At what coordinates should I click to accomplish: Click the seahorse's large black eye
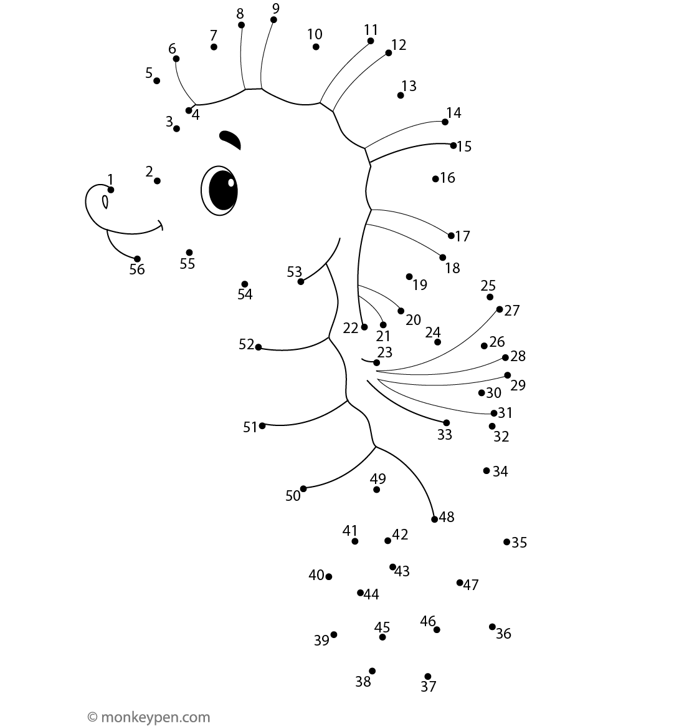pos(220,190)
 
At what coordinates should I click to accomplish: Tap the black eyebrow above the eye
pos(230,140)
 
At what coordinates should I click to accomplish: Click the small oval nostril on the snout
pos(105,202)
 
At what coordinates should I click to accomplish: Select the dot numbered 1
pos(110,190)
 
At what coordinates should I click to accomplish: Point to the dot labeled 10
pos(316,47)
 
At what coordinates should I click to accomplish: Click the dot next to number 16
pos(435,179)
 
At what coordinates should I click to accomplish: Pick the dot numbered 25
pos(490,298)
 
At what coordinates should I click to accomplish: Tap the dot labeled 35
pos(506,542)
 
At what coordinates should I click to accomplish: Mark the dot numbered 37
pos(427,677)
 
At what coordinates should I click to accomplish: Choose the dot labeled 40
pos(329,576)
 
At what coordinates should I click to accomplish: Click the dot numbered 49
pos(377,490)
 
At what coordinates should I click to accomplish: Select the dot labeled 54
pos(245,284)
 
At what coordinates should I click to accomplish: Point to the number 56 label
pos(137,269)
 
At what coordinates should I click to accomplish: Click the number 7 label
pos(213,35)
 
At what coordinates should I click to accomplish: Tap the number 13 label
pos(409,85)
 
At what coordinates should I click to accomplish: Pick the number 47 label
pos(470,585)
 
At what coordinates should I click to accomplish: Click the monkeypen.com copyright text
pos(149,717)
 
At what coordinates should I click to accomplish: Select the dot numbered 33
pos(447,423)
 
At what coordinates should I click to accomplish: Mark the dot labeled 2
pos(157,181)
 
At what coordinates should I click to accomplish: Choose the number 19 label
pos(420,285)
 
